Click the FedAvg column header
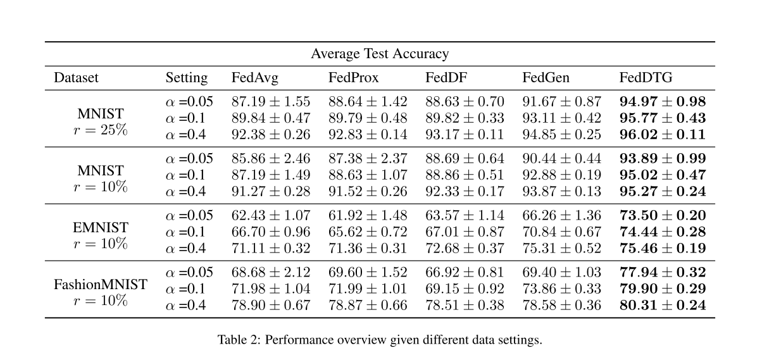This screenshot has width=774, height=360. (254, 78)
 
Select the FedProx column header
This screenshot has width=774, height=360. (353, 77)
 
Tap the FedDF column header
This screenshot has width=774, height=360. (446, 77)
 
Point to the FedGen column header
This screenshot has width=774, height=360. (546, 77)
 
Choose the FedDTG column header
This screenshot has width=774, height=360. (646, 77)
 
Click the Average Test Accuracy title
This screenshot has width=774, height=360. (380, 54)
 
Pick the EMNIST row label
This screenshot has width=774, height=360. (100, 228)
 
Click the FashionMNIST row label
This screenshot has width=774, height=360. (100, 285)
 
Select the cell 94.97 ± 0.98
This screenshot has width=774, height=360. (663, 102)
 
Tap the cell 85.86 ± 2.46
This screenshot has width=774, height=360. (271, 159)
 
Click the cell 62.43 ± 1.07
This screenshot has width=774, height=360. (271, 216)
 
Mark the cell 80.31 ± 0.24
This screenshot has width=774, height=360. (663, 306)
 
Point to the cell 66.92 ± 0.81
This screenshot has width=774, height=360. (465, 273)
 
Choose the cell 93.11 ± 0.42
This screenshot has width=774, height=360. (562, 118)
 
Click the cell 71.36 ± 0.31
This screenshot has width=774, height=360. (368, 249)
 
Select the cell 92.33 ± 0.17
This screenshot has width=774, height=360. (465, 192)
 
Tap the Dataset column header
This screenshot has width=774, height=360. (76, 77)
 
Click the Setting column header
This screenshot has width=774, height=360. (187, 78)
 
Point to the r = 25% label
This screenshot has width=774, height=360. (101, 130)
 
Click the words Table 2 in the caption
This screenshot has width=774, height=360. (239, 340)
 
